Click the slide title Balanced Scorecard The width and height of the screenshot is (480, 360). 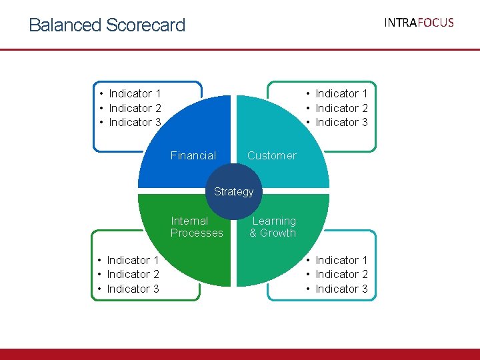(107, 25)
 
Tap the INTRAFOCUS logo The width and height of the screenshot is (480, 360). (419, 23)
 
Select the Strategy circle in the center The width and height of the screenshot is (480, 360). (233, 192)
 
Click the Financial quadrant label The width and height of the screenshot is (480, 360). (193, 155)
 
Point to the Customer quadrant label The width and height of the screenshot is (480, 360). (271, 155)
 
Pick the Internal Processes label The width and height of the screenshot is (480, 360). (197, 227)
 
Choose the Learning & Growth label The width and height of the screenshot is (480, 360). (273, 227)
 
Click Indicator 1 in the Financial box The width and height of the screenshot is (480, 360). (135, 93)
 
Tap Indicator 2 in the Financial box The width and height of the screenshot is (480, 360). (135, 108)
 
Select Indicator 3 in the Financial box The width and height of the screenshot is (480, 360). (135, 122)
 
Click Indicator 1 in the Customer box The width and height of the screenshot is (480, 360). (341, 93)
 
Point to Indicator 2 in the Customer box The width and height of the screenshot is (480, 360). (341, 108)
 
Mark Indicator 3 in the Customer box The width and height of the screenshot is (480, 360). (341, 122)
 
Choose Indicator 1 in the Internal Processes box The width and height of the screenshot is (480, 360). (133, 260)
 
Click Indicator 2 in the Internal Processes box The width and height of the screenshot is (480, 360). (133, 274)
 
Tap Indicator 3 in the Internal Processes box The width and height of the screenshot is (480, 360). (133, 289)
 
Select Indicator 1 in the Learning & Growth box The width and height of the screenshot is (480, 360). (341, 260)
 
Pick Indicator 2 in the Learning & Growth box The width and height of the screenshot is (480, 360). (341, 274)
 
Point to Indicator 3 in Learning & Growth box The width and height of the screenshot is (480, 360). (341, 289)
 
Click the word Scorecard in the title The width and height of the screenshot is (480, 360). (145, 25)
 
